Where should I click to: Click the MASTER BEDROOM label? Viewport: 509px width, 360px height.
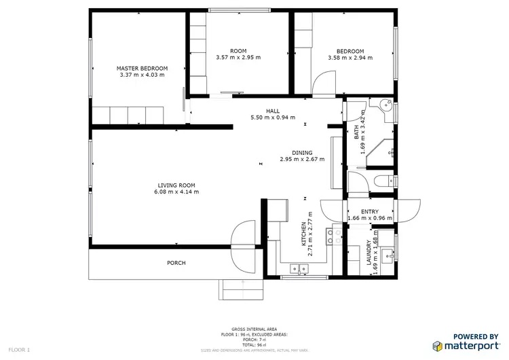click(x=142, y=68)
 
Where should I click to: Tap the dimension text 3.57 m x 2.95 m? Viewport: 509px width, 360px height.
click(x=238, y=58)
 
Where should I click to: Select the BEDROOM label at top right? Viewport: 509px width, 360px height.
click(x=350, y=51)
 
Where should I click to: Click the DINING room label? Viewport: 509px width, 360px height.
click(x=302, y=153)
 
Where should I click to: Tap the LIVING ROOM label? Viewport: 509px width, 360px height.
click(x=176, y=185)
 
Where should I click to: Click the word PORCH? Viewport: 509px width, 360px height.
click(x=176, y=263)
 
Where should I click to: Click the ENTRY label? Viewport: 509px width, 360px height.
click(x=370, y=212)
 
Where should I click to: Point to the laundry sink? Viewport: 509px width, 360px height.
click(x=386, y=255)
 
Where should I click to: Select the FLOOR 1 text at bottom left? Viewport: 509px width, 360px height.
click(x=19, y=350)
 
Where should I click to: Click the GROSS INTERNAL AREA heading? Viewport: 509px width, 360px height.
click(x=254, y=329)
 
